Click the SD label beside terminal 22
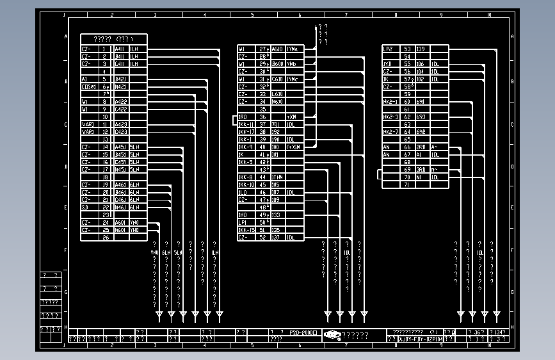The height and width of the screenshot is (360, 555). click(x=86, y=208)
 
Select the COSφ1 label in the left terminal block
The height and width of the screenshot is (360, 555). click(x=89, y=86)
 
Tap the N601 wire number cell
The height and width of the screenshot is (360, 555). click(x=120, y=230)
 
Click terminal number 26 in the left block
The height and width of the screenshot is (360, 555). click(x=106, y=237)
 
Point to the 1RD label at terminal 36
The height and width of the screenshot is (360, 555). click(x=243, y=117)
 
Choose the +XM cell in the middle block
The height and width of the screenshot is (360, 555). click(x=292, y=117)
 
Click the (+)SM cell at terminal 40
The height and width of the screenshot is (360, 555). click(x=293, y=147)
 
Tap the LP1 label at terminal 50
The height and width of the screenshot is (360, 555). click(x=243, y=222)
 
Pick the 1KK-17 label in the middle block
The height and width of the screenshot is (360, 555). click(x=246, y=132)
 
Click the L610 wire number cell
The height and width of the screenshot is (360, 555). click(x=278, y=94)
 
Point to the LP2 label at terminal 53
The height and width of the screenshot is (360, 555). click(x=388, y=49)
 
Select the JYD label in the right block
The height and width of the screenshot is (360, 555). click(x=387, y=64)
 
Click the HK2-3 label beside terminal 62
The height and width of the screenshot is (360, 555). click(x=390, y=117)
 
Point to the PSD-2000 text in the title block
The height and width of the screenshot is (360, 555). click(x=303, y=333)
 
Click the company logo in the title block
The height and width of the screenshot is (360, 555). click(x=332, y=334)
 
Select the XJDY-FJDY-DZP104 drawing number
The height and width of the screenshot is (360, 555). click(x=420, y=339)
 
